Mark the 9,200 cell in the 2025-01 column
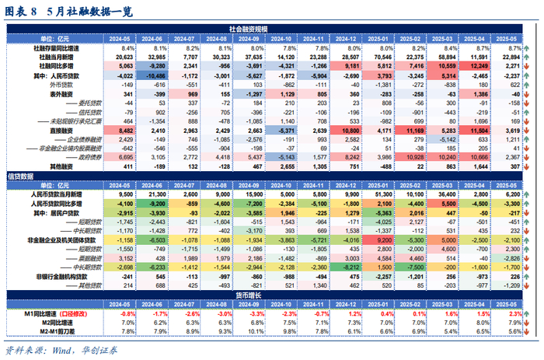pos(382,240)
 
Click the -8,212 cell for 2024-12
pos(348,266)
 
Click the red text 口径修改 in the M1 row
pos(69,313)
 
